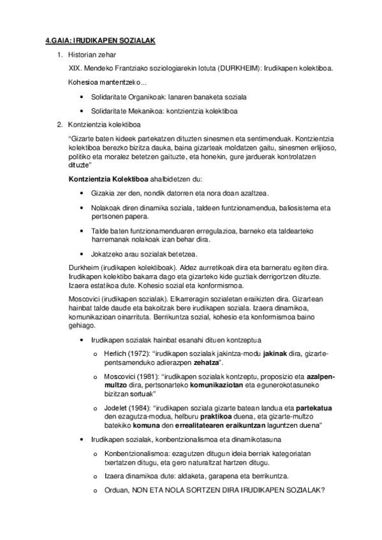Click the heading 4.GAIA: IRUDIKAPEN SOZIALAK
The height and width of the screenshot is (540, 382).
[x=100, y=41]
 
